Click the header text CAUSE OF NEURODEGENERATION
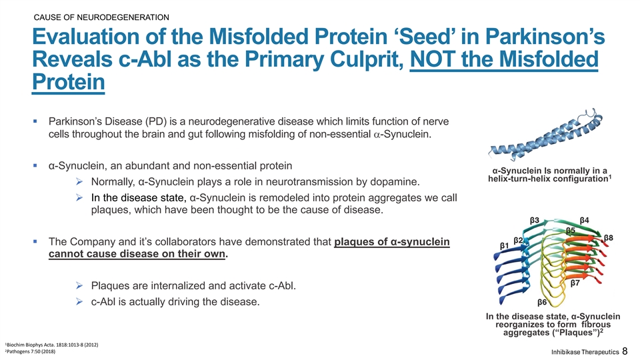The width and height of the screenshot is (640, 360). (x=101, y=17)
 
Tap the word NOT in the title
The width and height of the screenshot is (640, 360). (x=433, y=59)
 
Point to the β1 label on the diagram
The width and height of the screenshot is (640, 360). (x=505, y=246)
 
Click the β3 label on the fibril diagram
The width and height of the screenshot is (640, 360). (x=534, y=221)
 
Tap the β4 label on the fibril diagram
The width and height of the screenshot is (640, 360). (x=585, y=221)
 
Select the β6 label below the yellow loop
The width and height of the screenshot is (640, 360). (x=542, y=303)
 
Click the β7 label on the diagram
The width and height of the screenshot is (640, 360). (x=575, y=283)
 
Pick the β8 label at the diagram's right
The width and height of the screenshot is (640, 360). (x=609, y=238)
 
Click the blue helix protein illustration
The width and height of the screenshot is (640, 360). (x=545, y=135)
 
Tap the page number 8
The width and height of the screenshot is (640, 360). (x=625, y=351)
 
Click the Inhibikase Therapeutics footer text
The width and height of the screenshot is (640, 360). (x=585, y=352)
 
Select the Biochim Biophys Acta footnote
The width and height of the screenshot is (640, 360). (x=51, y=345)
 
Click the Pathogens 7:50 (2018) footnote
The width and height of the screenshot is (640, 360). (x=30, y=351)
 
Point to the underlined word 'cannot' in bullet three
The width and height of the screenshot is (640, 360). (x=63, y=254)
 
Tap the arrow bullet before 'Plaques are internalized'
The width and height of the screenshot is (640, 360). (x=79, y=286)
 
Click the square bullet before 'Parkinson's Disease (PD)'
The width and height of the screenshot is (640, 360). (x=35, y=121)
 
